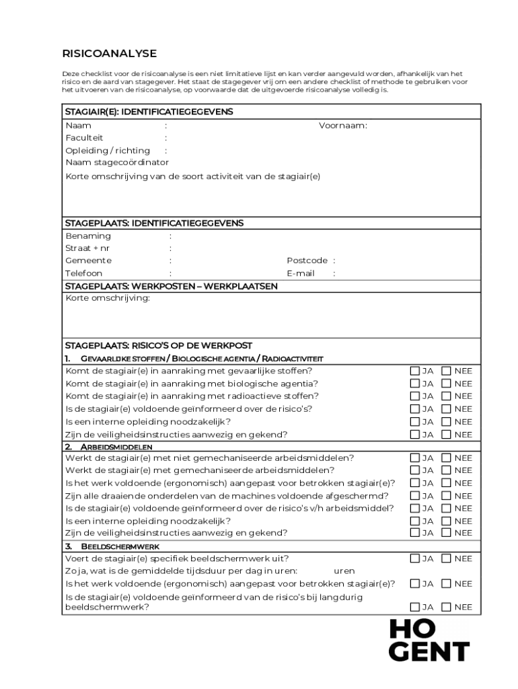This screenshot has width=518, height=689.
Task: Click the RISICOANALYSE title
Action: pyautogui.click(x=109, y=53)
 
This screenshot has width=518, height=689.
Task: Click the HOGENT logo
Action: pyautogui.click(x=429, y=641)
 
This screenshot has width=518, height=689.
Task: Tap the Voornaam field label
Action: pyautogui.click(x=342, y=125)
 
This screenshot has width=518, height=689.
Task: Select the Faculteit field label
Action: pyautogui.click(x=84, y=138)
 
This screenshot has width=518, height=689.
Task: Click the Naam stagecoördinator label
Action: pyautogui.click(x=117, y=162)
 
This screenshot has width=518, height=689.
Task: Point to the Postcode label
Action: pyautogui.click(x=307, y=260)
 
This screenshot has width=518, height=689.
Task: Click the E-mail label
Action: pyautogui.click(x=300, y=273)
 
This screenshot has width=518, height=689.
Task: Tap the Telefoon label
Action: pyautogui.click(x=83, y=273)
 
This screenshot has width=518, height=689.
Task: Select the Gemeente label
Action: pyautogui.click(x=88, y=260)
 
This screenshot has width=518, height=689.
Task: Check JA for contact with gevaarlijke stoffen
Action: pyautogui.click(x=414, y=371)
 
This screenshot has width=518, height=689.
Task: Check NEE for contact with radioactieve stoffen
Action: pyautogui.click(x=446, y=396)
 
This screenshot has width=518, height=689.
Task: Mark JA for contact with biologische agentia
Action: pyautogui.click(x=414, y=384)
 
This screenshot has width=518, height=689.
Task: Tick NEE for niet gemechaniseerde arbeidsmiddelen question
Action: pyautogui.click(x=446, y=458)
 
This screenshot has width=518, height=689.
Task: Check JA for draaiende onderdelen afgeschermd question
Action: pyautogui.click(x=414, y=496)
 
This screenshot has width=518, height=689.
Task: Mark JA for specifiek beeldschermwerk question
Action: pyautogui.click(x=414, y=558)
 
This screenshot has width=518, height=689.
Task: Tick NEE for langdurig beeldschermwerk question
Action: pyautogui.click(x=446, y=607)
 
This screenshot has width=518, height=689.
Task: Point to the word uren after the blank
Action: pyautogui.click(x=344, y=571)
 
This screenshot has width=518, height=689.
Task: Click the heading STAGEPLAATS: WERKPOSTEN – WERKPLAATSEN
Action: pyautogui.click(x=171, y=286)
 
